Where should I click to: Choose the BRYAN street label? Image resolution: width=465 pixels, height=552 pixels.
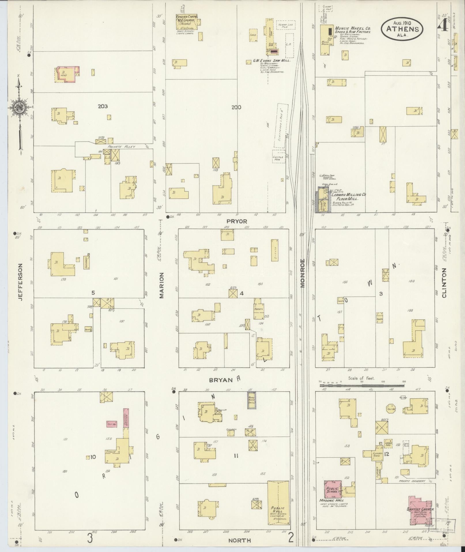[x=221, y=380]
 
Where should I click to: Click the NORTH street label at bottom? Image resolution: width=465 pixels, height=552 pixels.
[x=239, y=540]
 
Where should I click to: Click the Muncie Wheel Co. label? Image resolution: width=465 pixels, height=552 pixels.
[x=352, y=29]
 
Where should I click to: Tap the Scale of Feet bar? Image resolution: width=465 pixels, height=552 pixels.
[x=362, y=385]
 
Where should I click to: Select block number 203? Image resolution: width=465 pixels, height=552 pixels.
[x=103, y=106]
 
